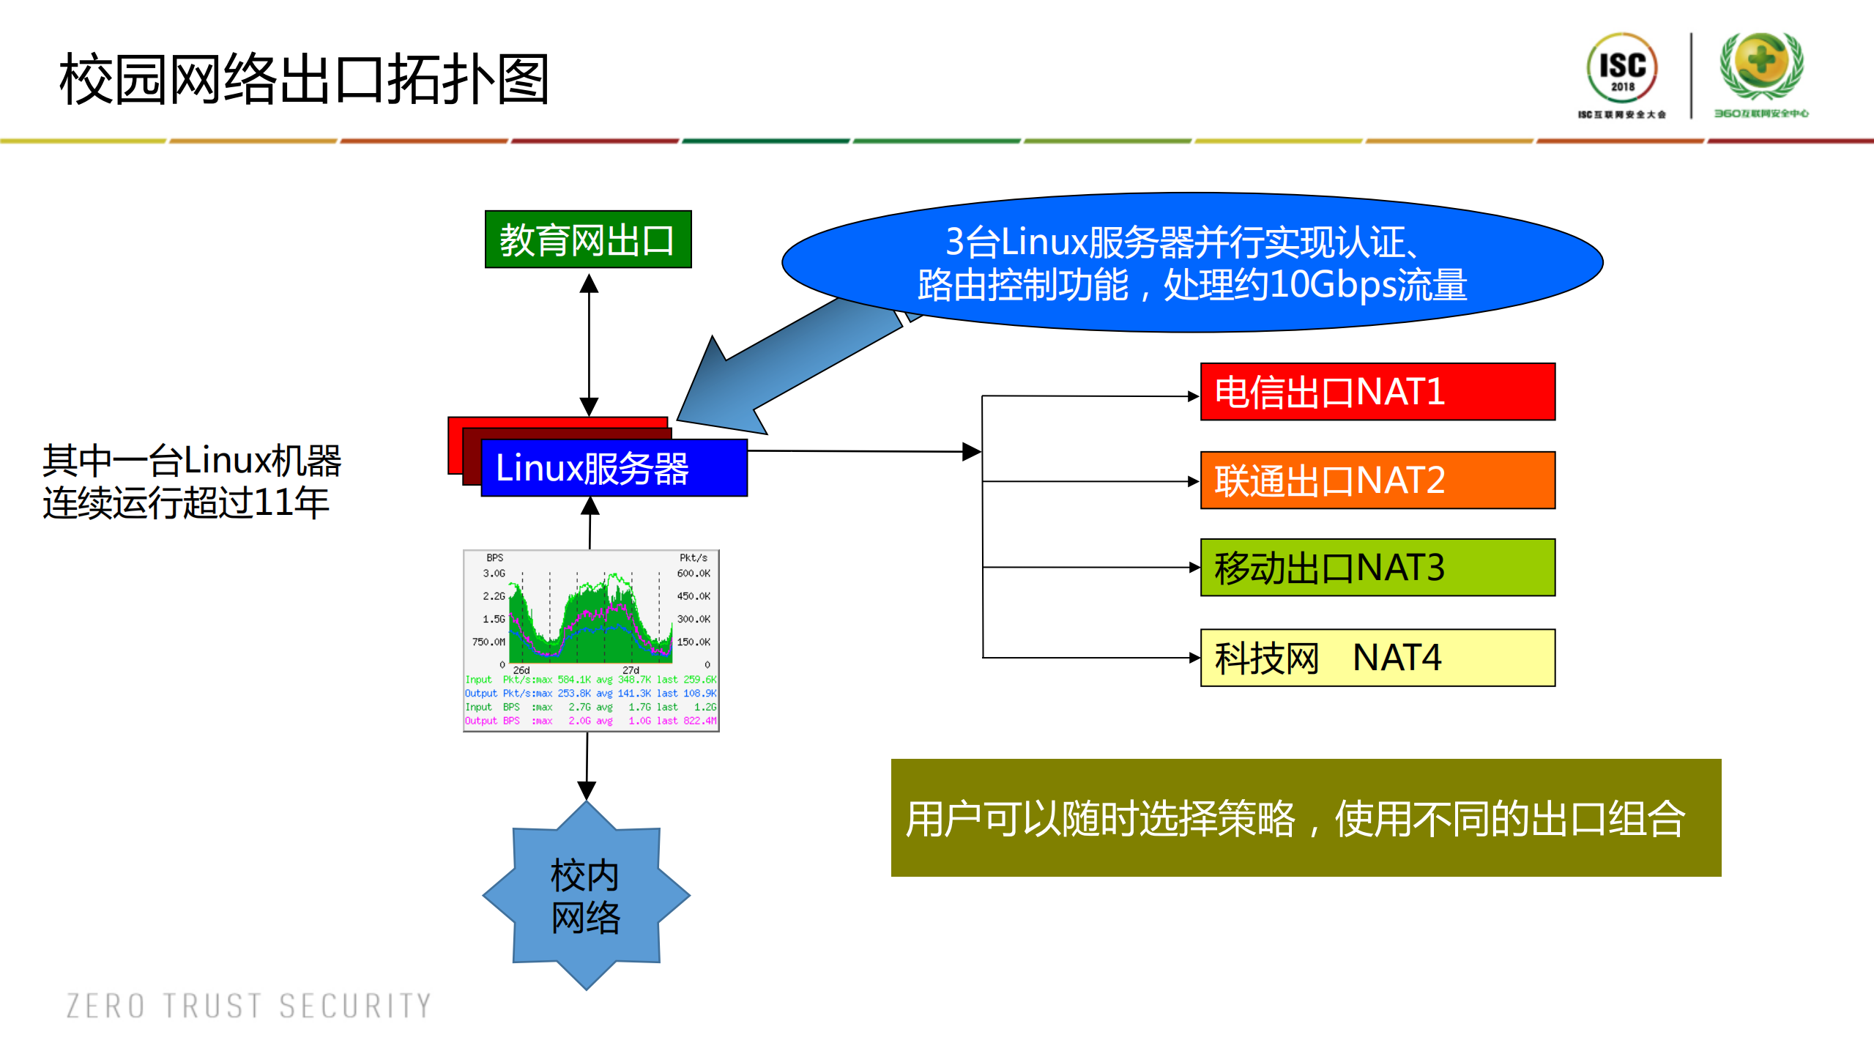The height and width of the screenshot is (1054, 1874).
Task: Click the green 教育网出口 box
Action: click(587, 240)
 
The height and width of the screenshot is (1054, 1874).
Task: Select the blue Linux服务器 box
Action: click(614, 468)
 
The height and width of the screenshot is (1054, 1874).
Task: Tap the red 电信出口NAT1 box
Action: click(1377, 392)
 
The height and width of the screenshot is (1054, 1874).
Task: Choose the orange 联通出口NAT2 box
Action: click(1377, 480)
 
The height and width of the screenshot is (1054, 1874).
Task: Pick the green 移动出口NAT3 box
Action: click(1377, 568)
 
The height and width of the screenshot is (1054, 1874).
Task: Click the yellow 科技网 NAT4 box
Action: click(1377, 657)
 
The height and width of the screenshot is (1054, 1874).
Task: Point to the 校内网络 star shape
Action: click(586, 895)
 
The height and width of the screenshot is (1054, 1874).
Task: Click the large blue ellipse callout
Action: click(1191, 262)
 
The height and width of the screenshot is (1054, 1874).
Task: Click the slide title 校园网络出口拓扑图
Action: click(304, 79)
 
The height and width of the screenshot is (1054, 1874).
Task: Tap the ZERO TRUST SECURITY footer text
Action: click(249, 1006)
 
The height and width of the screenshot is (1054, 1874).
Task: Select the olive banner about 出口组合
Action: click(1305, 817)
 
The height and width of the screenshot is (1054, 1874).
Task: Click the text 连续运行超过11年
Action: click(186, 503)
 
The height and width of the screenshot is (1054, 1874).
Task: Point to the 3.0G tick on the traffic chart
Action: click(494, 574)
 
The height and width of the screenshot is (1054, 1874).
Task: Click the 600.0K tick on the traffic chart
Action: click(693, 574)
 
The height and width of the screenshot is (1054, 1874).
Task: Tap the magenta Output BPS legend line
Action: click(590, 721)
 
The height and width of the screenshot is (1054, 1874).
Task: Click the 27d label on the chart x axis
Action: click(631, 670)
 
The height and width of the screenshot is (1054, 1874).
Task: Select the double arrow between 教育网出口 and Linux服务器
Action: click(589, 344)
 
